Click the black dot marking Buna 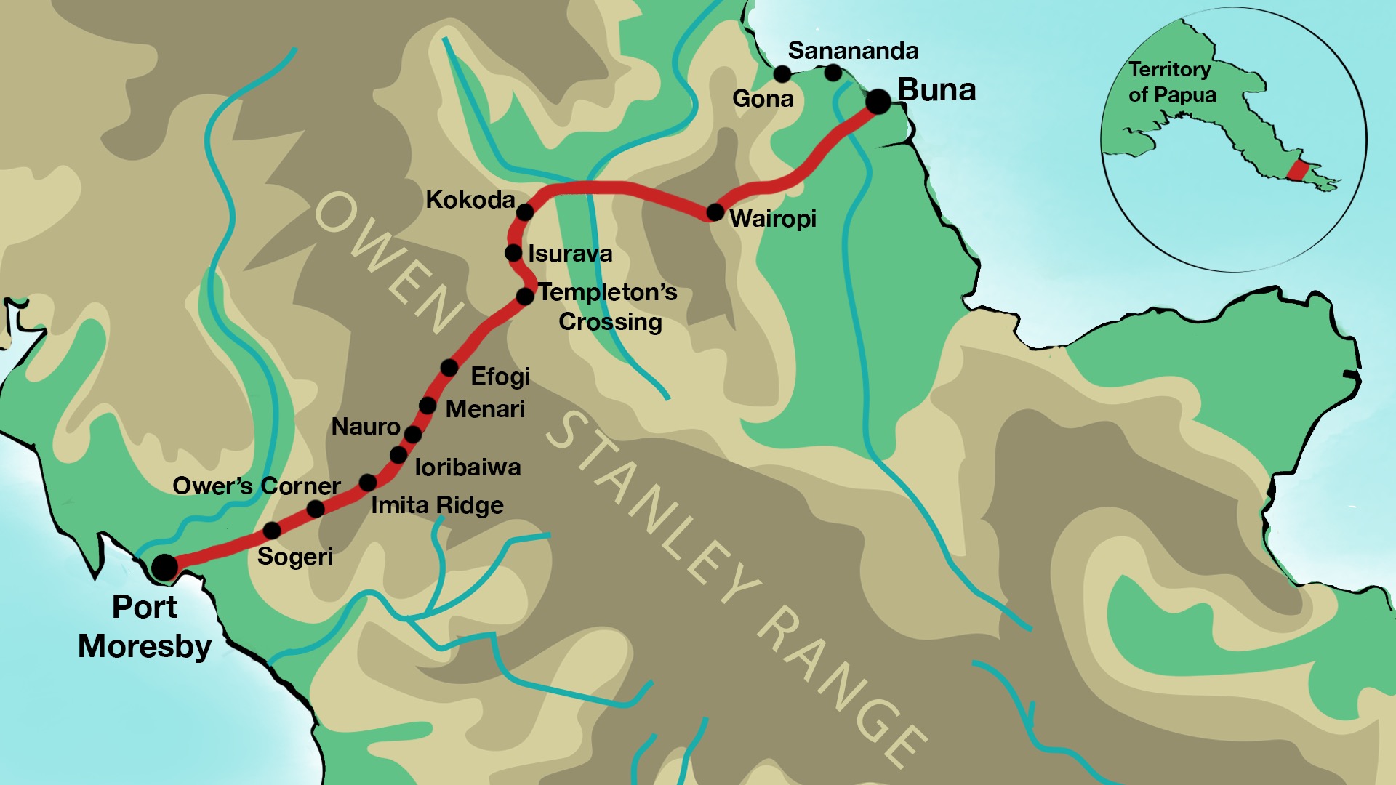click(878, 102)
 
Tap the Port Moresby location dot click(164, 566)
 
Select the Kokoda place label click(470, 200)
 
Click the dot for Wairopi click(715, 212)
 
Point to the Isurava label click(570, 254)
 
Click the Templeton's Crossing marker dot click(525, 297)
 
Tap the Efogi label click(500, 377)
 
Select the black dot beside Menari click(428, 406)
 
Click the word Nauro click(366, 427)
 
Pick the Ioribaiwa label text click(468, 467)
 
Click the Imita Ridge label click(437, 505)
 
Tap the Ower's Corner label click(256, 486)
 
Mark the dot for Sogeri click(272, 530)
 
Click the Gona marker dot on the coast click(782, 74)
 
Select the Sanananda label click(853, 51)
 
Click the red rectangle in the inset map click(1298, 171)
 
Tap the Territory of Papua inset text click(1171, 82)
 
